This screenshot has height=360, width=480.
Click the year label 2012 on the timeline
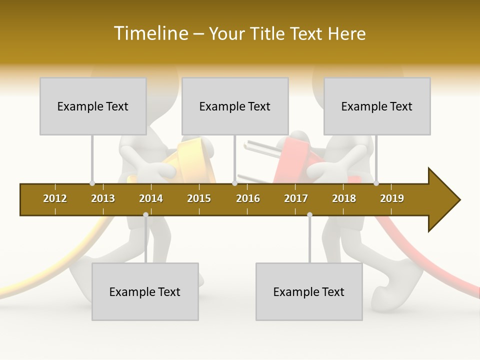point(55,198)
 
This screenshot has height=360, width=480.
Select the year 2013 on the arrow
point(103,198)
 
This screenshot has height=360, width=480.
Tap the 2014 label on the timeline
point(151,198)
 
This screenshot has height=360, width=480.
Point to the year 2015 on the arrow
point(199,198)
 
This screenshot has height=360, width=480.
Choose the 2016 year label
point(248,198)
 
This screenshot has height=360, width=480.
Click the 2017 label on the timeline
point(296,198)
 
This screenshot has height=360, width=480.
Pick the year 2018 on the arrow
point(344,198)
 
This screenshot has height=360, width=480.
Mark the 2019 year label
point(392,198)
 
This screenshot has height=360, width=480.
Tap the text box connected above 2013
point(93,106)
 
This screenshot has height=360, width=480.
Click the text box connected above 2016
point(235,106)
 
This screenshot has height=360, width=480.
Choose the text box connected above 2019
point(377,106)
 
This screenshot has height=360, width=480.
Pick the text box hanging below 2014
point(145,291)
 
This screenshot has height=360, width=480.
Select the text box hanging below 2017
point(309,291)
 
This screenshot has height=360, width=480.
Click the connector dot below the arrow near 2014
point(145,214)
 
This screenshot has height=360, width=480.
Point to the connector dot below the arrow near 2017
point(309,214)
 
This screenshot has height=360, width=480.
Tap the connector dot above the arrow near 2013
point(92,183)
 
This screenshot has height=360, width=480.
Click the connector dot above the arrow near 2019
point(376,183)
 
